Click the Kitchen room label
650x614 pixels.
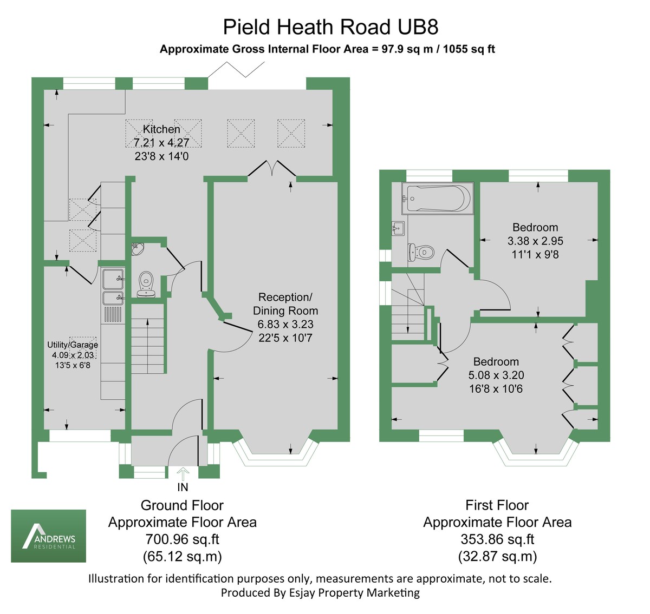(161, 129)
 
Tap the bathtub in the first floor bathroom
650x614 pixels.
(437, 199)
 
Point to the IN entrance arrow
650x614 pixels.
(183, 474)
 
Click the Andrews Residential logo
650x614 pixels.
(49, 536)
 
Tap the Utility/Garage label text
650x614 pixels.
(73, 345)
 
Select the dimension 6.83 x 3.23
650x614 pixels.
(285, 325)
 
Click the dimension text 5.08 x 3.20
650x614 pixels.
(496, 375)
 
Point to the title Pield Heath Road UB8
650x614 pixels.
(330, 27)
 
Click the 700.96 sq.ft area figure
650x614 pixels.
(182, 539)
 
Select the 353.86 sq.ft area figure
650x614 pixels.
(497, 539)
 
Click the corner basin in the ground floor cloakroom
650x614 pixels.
(137, 249)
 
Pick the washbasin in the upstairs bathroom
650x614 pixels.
(398, 228)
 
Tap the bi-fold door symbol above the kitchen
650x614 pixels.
(237, 71)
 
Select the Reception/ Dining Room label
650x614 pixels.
(285, 304)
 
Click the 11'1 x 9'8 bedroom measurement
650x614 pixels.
(535, 254)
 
